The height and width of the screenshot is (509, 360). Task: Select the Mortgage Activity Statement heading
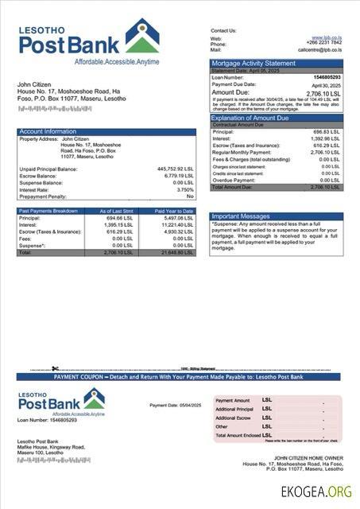tap(253, 63)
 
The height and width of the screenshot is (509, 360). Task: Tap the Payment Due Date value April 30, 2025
tap(325, 84)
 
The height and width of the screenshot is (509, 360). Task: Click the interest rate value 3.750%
tap(185, 190)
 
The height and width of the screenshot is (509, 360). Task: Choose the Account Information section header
tap(48, 131)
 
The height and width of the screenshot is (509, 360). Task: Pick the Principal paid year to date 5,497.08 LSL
tap(177, 217)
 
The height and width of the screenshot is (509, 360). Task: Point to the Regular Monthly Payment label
tap(238, 152)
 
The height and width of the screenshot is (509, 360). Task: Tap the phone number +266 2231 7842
tap(325, 44)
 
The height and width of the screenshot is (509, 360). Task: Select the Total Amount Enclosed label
tap(238, 435)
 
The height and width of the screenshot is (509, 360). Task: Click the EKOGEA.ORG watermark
tap(316, 492)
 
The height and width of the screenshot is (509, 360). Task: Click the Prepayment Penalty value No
tap(190, 196)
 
